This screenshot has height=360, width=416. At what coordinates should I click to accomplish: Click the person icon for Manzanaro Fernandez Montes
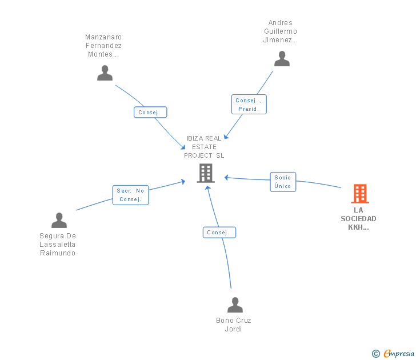(105, 73)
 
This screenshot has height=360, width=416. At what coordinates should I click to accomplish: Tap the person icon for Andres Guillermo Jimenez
(282, 59)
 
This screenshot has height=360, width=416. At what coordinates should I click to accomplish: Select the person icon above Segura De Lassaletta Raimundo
(59, 220)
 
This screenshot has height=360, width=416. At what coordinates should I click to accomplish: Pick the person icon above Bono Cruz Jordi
(235, 305)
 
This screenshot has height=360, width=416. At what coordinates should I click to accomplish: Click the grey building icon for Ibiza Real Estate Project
(206, 173)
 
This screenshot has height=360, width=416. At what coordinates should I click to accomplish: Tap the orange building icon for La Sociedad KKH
(360, 194)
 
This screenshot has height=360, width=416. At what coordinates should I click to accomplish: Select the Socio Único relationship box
(283, 182)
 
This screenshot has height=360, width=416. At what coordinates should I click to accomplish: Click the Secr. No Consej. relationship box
(130, 195)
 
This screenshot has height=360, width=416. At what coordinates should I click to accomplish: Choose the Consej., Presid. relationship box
(249, 104)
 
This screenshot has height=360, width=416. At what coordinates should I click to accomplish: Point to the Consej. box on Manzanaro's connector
(150, 112)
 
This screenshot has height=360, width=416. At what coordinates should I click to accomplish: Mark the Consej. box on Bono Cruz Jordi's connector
(219, 233)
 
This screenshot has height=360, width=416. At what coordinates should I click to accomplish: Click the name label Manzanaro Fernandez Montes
(103, 46)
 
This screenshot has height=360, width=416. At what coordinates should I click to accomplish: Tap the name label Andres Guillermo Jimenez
(281, 31)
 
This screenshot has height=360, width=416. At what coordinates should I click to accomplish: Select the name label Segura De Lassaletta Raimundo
(58, 245)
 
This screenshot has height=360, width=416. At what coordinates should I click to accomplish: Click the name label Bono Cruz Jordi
(234, 325)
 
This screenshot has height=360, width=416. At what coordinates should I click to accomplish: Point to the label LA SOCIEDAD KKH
(358, 219)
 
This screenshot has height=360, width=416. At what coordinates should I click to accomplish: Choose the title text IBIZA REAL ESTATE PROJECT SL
(204, 147)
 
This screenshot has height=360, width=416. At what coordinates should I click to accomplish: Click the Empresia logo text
(399, 353)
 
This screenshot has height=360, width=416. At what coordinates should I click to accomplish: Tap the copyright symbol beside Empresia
(375, 354)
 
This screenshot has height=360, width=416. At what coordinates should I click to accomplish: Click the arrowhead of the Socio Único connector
(226, 178)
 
